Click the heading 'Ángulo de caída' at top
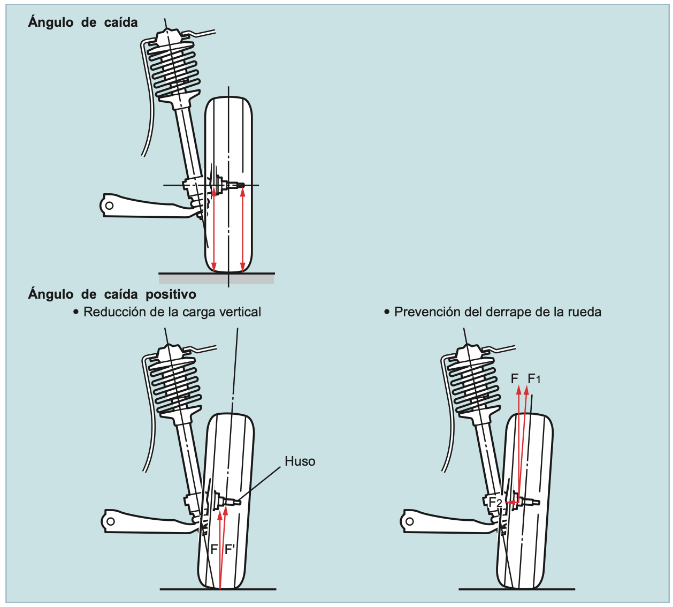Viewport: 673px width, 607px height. pyautogui.click(x=83, y=22)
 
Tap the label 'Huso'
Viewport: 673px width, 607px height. pyautogui.click(x=300, y=461)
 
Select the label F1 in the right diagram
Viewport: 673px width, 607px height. pyautogui.click(x=534, y=379)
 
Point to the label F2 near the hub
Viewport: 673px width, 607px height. pyautogui.click(x=496, y=503)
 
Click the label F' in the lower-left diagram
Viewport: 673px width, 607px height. pyautogui.click(x=230, y=549)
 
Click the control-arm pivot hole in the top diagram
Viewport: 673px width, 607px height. pyautogui.click(x=109, y=206)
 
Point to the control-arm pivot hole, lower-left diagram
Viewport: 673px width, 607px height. pyautogui.click(x=110, y=521)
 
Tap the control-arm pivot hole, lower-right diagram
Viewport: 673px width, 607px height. pyautogui.click(x=410, y=521)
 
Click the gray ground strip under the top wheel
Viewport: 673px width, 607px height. pyautogui.click(x=216, y=278)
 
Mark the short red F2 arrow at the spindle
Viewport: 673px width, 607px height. pyautogui.click(x=513, y=503)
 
